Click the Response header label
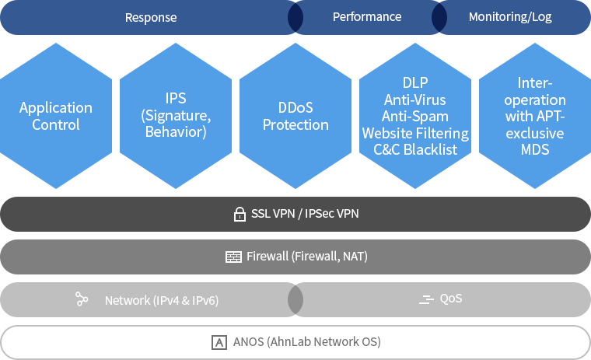coord(151,17)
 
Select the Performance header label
coord(367,16)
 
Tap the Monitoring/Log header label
coord(510,16)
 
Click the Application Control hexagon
coord(56,116)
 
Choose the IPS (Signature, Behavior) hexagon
coord(176,115)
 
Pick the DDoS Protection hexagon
coord(295,116)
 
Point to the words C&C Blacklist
coord(415,150)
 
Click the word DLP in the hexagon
coord(415,82)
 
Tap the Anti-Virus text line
coord(415,100)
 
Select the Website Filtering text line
coord(415,133)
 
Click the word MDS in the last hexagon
coord(534,149)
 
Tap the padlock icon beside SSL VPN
coord(240,214)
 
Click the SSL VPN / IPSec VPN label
coord(305,214)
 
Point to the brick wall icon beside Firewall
coord(233,257)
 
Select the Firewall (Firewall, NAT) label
coord(306,257)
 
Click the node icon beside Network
coord(82,299)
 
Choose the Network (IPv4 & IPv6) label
coord(162,300)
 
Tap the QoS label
coord(451,299)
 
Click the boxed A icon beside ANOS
coord(219,342)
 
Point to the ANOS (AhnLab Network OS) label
coord(307,342)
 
